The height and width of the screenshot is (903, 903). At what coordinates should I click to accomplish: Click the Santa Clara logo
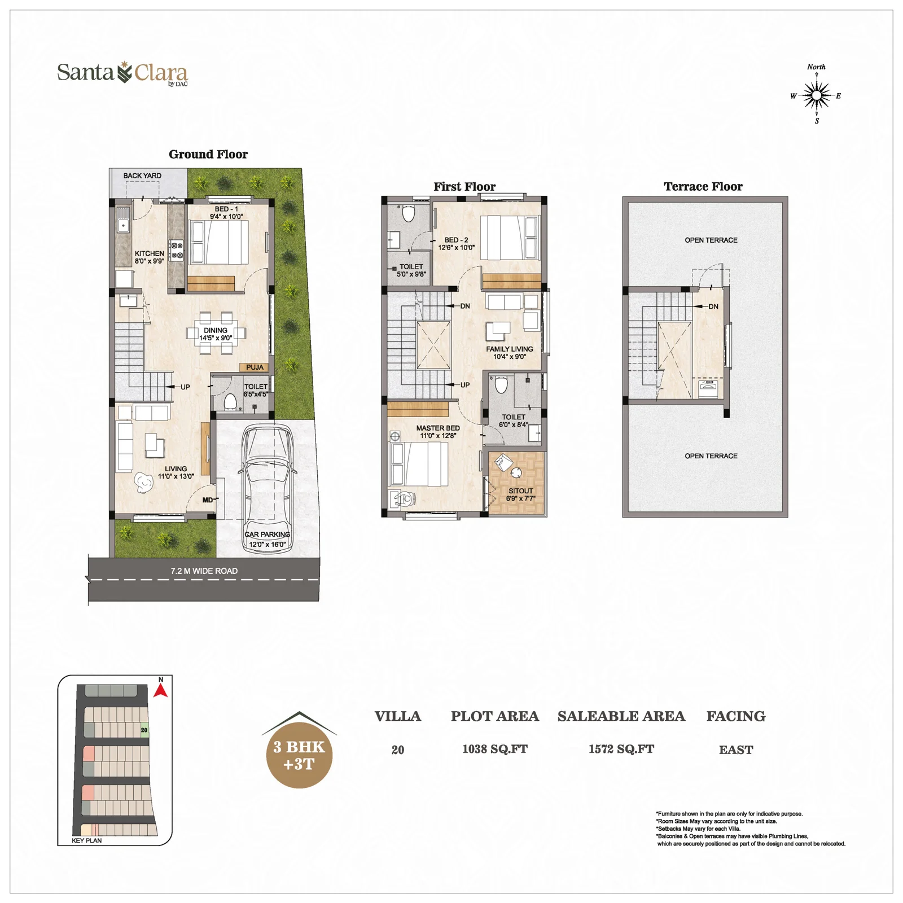click(x=122, y=73)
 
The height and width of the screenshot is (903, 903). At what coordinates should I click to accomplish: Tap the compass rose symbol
click(x=816, y=95)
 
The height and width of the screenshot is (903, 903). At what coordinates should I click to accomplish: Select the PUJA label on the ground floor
click(x=255, y=367)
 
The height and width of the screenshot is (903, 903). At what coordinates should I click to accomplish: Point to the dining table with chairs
click(x=216, y=334)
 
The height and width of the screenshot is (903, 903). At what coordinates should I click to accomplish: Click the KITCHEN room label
click(x=150, y=253)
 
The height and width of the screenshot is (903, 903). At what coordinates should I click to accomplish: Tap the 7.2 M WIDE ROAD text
click(x=204, y=571)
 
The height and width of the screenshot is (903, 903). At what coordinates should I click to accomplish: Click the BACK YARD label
click(x=142, y=176)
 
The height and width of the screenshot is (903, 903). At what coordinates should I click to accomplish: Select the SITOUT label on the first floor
click(x=520, y=491)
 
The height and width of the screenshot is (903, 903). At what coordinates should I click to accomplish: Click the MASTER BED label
click(x=438, y=428)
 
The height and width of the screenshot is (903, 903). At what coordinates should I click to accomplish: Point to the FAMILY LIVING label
click(x=510, y=349)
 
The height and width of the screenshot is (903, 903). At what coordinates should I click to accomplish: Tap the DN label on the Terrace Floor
click(x=713, y=306)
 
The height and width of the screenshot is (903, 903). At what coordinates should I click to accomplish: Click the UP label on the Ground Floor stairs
click(x=185, y=387)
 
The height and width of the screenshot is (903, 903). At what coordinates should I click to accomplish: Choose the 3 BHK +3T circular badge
click(x=299, y=755)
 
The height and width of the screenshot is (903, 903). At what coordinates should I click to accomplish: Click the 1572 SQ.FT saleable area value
click(x=621, y=749)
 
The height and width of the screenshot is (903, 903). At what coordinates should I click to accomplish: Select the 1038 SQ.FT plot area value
click(x=495, y=749)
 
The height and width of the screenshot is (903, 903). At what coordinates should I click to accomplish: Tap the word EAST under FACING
click(x=736, y=749)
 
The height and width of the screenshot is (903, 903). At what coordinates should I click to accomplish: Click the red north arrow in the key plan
click(x=161, y=690)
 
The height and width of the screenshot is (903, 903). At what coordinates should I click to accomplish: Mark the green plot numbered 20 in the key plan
click(x=144, y=730)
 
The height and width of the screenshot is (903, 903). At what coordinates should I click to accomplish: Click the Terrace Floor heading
click(x=703, y=186)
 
